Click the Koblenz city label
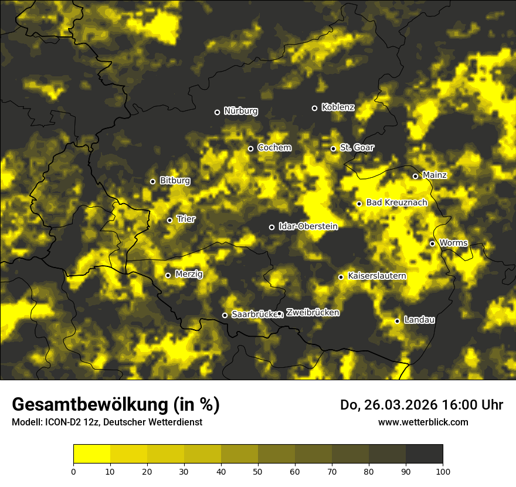pyautogui.click(x=338, y=107)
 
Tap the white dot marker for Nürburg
pyautogui.click(x=217, y=112)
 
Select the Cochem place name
pyautogui.click(x=274, y=148)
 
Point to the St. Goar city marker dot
pyautogui.click(x=333, y=148)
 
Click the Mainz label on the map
pyautogui.click(x=434, y=175)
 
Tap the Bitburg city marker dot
pyautogui.click(x=152, y=181)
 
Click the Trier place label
pyautogui.click(x=186, y=219)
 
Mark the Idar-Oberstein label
pyautogui.click(x=308, y=226)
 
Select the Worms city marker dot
pyautogui.click(x=432, y=243)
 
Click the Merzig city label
pyautogui.click(x=189, y=274)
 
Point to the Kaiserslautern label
pyautogui.click(x=377, y=276)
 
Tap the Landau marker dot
pyautogui.click(x=397, y=321)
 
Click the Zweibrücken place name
pyautogui.click(x=313, y=313)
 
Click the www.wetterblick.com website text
pyautogui.click(x=423, y=422)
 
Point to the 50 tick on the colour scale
pyautogui.click(x=258, y=471)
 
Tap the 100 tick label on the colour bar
pyautogui.click(x=443, y=471)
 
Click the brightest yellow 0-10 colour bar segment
pyautogui.click(x=91, y=454)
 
